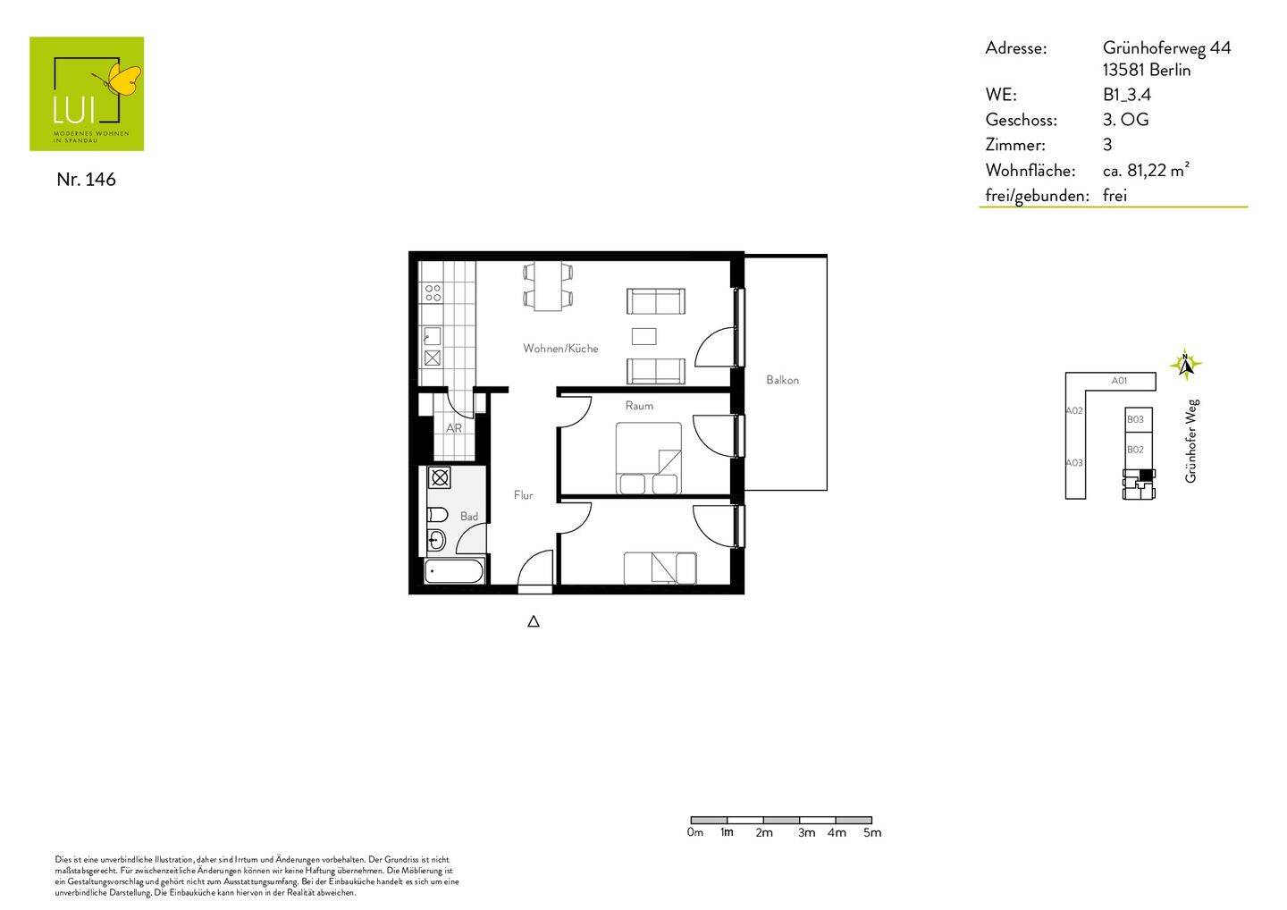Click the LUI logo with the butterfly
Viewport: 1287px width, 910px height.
[87, 93]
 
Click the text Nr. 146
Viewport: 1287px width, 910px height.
[86, 179]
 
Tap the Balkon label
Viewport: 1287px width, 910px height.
[782, 380]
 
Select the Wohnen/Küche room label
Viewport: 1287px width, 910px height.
[560, 349]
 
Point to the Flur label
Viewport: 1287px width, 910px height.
[523, 495]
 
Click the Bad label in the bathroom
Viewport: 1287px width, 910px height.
[469, 517]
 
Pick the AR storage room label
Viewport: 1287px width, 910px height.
[454, 428]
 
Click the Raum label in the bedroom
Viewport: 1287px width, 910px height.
[639, 406]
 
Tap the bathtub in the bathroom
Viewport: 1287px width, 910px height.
[454, 570]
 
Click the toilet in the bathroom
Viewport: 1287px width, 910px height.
[436, 514]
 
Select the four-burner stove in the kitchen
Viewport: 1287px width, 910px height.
[433, 292]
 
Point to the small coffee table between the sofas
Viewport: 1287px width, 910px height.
[643, 336]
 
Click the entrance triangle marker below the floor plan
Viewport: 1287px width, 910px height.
[534, 621]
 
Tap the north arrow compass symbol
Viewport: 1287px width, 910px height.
[1185, 365]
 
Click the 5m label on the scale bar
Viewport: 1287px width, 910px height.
[872, 833]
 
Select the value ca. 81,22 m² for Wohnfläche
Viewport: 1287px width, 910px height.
[1146, 170]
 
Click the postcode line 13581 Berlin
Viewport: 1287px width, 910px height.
[1147, 70]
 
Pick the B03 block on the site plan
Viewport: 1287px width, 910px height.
[1135, 419]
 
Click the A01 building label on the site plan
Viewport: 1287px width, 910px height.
[1119, 381]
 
